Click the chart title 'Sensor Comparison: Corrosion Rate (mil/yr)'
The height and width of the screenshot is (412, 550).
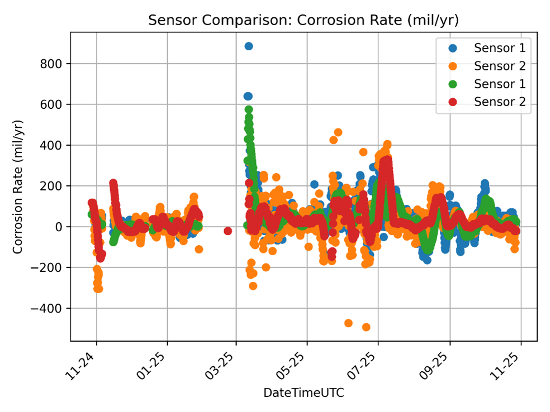(x=303, y=21)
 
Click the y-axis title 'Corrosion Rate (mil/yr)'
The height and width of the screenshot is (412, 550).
(x=18, y=186)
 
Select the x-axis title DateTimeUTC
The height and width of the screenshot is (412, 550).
(x=304, y=393)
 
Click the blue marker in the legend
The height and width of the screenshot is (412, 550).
(x=452, y=48)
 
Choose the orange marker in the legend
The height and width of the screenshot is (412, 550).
(x=452, y=66)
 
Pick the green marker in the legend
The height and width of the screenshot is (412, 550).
(x=452, y=84)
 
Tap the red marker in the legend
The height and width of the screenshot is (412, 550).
(x=452, y=102)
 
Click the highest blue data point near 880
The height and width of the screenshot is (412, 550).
(x=249, y=46)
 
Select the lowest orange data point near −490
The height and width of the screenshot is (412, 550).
(x=366, y=327)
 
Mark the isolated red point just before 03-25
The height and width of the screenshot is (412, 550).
(x=228, y=231)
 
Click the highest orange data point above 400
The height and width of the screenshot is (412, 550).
(x=338, y=132)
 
